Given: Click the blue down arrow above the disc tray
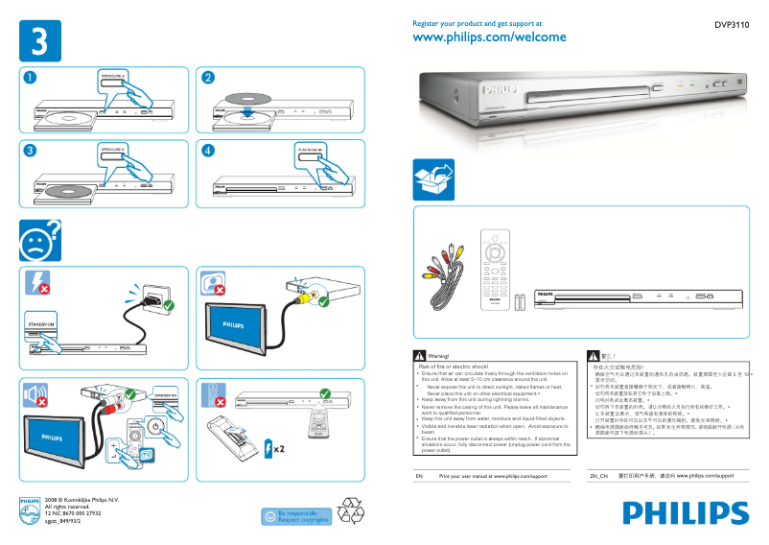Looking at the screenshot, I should pos(248,111).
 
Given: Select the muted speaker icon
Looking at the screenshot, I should pos(36,395).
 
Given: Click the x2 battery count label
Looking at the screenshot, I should pos(277,448).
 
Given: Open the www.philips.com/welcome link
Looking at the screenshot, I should pos(488,37).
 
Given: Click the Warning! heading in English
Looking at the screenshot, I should pos(436,356).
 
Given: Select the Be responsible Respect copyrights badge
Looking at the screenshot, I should pos(296,516).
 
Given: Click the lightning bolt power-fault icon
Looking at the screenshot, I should pos(36,282).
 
